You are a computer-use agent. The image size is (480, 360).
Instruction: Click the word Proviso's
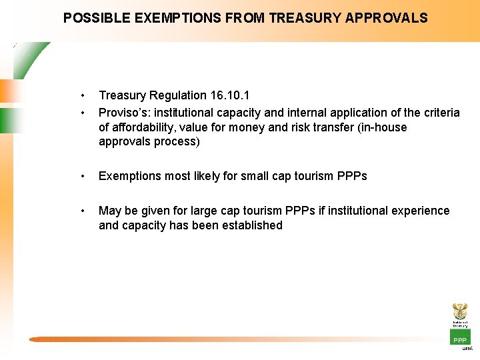click(124, 113)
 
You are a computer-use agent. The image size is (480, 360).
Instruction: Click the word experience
click(418, 211)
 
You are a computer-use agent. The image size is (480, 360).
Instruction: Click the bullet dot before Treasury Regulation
click(82, 95)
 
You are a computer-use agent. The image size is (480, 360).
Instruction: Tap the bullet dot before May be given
click(82, 211)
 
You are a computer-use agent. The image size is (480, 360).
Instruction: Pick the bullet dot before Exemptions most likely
click(82, 176)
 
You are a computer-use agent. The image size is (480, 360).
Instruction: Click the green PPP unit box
click(460, 338)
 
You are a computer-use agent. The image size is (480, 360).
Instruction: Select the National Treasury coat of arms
click(460, 311)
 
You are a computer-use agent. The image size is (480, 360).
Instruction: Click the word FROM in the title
click(243, 18)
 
